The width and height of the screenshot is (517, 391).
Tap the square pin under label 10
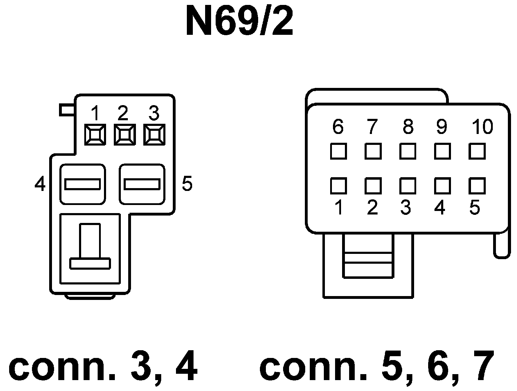tap(477, 151)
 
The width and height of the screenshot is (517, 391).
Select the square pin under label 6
tap(338, 151)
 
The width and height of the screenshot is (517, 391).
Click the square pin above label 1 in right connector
tap(338, 186)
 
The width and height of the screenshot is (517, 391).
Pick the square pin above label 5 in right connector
tap(477, 186)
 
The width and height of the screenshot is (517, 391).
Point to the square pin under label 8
tap(407, 151)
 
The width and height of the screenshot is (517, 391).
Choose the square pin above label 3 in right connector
tap(407, 186)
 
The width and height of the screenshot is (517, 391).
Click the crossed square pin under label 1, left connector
tap(95, 134)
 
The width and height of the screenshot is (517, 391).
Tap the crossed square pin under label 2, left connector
tap(124, 134)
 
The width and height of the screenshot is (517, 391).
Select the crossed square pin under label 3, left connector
tap(154, 134)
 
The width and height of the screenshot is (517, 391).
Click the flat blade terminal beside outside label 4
tap(83, 184)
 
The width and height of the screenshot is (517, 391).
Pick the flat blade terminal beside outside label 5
tap(142, 184)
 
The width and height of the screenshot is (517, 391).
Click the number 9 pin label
tap(441, 127)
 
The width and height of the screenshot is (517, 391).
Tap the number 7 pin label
tap(372, 127)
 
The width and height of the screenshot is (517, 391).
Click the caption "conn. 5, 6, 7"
tap(377, 367)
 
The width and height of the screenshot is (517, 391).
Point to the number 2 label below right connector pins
tap(372, 208)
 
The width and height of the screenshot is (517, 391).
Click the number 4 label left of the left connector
tap(40, 184)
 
